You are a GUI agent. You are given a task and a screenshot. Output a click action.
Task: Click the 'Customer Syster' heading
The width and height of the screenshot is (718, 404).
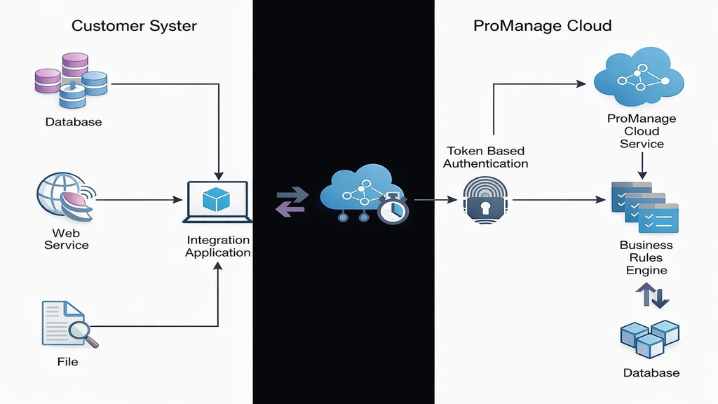click(134, 26)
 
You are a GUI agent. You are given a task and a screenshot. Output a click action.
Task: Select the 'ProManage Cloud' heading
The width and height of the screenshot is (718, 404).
click(542, 26)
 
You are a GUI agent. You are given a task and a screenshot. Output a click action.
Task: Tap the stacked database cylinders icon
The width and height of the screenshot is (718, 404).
click(73, 81)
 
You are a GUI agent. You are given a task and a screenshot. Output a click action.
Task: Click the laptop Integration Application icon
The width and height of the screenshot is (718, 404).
click(217, 202)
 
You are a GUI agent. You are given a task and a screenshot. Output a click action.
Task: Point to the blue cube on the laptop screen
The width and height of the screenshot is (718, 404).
click(217, 199)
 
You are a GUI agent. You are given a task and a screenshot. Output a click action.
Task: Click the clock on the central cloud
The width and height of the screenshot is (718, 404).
click(393, 208)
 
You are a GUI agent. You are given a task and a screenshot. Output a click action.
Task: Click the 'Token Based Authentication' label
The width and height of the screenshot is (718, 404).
click(485, 157)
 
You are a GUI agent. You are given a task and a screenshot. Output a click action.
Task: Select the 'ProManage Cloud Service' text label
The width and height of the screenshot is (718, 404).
click(641, 131)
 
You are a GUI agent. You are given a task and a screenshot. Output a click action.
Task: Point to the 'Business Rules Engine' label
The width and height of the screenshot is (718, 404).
click(646, 257)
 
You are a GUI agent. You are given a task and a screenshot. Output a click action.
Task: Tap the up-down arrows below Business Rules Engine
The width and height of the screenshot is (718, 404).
click(652, 295)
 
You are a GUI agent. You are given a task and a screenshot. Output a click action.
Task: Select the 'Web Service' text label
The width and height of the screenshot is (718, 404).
click(67, 239)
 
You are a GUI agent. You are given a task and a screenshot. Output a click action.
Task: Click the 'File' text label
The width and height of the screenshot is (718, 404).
click(67, 362)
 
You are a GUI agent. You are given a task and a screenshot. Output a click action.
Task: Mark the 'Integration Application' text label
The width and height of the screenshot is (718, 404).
click(218, 246)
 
